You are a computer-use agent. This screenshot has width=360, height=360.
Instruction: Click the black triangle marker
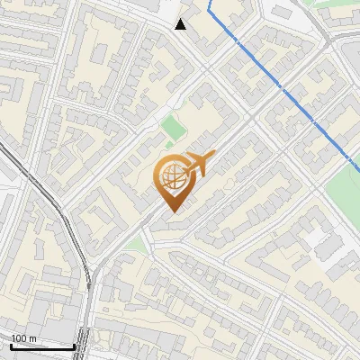pos(181,24)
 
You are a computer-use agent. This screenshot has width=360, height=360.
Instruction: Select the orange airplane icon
pos(199,164)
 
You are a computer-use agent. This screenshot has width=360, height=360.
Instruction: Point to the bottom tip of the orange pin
pos(171,211)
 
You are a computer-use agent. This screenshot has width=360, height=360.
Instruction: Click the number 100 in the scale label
pos(20,338)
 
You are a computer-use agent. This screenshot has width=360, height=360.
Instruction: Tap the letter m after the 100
pos(33,338)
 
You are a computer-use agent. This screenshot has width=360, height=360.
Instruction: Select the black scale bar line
pos(42,346)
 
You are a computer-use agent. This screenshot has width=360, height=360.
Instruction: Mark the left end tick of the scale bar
pos(11,345)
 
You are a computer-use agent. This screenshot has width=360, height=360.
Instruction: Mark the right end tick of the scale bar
pos(74,345)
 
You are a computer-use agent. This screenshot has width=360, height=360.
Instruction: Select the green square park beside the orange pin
pos(172,126)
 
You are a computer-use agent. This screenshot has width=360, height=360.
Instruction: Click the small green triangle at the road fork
pos(135,244)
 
